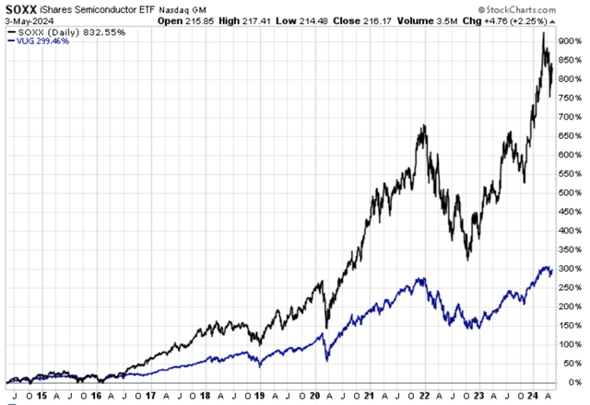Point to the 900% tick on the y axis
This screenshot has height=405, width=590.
click(x=572, y=40)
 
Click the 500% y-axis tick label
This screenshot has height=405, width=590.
click(x=572, y=192)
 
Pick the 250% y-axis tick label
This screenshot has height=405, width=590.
click(x=572, y=287)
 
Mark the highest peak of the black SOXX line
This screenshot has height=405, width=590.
click(x=543, y=33)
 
